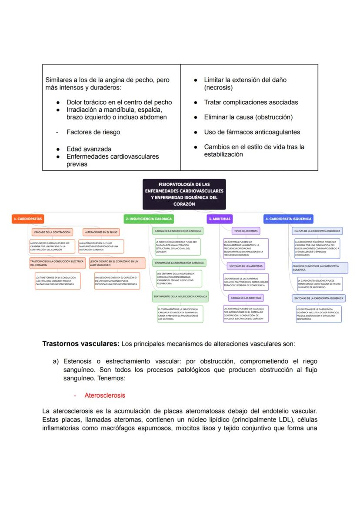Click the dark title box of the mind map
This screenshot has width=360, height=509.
point(184,194)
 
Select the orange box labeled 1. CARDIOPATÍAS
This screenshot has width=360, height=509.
point(27,219)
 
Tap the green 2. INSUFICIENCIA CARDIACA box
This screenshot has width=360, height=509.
point(149,219)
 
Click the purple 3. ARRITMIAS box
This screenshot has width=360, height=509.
point(219,219)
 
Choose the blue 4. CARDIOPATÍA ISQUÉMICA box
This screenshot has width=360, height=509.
point(289,219)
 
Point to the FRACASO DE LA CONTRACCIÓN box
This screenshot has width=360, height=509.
point(52,233)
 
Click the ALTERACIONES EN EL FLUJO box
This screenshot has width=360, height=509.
point(101,233)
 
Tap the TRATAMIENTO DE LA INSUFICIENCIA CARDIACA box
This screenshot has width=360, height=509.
point(180,296)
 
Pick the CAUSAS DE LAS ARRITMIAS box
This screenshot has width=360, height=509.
point(246,298)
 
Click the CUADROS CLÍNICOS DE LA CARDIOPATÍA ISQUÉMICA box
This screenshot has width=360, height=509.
point(320,267)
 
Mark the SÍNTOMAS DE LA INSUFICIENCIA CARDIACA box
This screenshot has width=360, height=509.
point(179,263)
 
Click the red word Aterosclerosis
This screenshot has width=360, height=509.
point(104,396)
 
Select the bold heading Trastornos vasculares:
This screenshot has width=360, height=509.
point(80,344)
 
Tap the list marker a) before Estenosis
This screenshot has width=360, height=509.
point(56,361)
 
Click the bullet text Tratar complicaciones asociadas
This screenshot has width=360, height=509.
point(251,103)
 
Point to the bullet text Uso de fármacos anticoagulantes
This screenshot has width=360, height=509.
point(252,132)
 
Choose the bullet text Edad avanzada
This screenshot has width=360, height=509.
point(89,149)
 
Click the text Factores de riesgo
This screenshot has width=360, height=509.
point(93,132)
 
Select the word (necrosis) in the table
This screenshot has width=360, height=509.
point(218,87)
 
